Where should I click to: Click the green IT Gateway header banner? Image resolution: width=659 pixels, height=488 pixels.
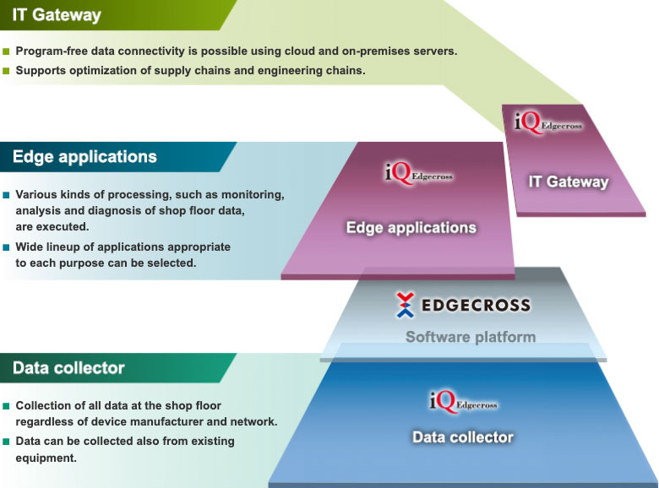pos(113,15)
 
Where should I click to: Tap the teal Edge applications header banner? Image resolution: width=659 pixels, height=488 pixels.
pos(113,157)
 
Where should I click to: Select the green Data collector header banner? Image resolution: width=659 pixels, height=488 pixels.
pos(113,368)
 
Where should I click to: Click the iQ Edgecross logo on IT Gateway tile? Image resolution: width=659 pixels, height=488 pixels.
pos(548,122)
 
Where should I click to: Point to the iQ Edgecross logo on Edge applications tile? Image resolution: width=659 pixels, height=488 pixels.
pos(419,173)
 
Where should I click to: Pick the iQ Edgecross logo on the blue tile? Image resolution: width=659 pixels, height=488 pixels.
pos(463,402)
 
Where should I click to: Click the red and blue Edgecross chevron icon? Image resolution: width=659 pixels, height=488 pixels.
pos(406,305)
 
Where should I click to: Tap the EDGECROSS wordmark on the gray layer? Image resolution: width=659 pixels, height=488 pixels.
pos(476,306)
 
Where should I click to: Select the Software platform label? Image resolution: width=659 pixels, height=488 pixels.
pos(471,337)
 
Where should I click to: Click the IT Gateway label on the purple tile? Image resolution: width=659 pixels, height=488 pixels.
pos(569,182)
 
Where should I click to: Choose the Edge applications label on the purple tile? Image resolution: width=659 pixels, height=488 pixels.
pos(411,228)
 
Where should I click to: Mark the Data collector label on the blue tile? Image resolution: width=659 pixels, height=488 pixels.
pos(463,437)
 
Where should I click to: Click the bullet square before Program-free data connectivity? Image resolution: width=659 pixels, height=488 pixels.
pos(6,52)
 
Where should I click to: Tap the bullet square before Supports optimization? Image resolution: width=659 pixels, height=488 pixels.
pos(6,71)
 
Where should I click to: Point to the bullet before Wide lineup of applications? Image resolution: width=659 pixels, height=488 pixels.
pos(6,247)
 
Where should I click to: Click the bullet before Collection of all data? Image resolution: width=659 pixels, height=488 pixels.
pos(6,406)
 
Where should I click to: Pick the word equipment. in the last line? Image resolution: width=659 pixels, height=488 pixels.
pos(46,458)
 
